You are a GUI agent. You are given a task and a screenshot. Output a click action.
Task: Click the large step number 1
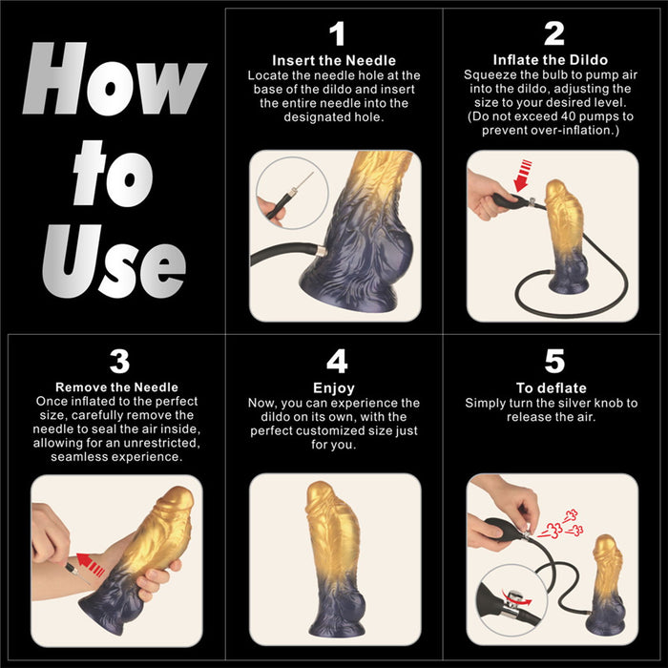[335, 34]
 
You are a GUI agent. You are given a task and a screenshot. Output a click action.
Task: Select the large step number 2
[553, 34]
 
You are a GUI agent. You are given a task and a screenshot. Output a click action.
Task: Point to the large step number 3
[117, 362]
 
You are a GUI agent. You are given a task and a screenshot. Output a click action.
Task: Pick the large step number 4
[335, 362]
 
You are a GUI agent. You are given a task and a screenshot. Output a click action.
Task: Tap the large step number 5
[553, 362]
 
